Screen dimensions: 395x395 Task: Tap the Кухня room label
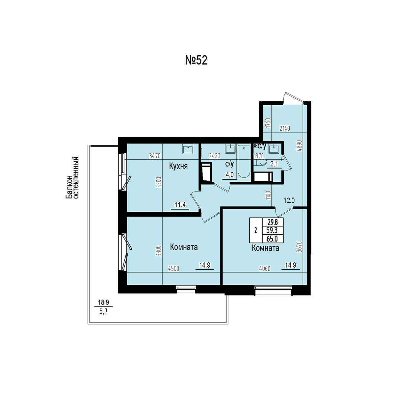click(x=178, y=166)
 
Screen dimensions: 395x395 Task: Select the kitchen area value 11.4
click(x=180, y=204)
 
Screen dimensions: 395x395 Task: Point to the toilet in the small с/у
click(x=260, y=162)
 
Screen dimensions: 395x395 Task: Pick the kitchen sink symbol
click(x=188, y=148)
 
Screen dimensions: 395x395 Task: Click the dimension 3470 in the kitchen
click(x=155, y=156)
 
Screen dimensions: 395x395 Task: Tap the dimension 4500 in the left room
click(x=173, y=269)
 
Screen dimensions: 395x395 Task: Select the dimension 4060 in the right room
click(x=265, y=269)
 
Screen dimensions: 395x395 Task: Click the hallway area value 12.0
click(x=289, y=200)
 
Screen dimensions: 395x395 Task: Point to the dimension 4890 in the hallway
click(x=300, y=145)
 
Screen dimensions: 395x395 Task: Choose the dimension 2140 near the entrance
click(x=285, y=128)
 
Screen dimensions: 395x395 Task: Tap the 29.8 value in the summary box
click(x=273, y=222)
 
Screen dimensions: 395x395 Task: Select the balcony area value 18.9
click(x=103, y=303)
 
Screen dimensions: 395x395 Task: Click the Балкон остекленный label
click(x=72, y=178)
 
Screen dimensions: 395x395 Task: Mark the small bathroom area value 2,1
click(x=274, y=164)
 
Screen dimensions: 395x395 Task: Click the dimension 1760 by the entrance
click(x=268, y=123)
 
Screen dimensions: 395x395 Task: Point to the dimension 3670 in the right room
click(x=300, y=247)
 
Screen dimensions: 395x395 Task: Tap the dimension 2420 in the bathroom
click(x=215, y=156)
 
